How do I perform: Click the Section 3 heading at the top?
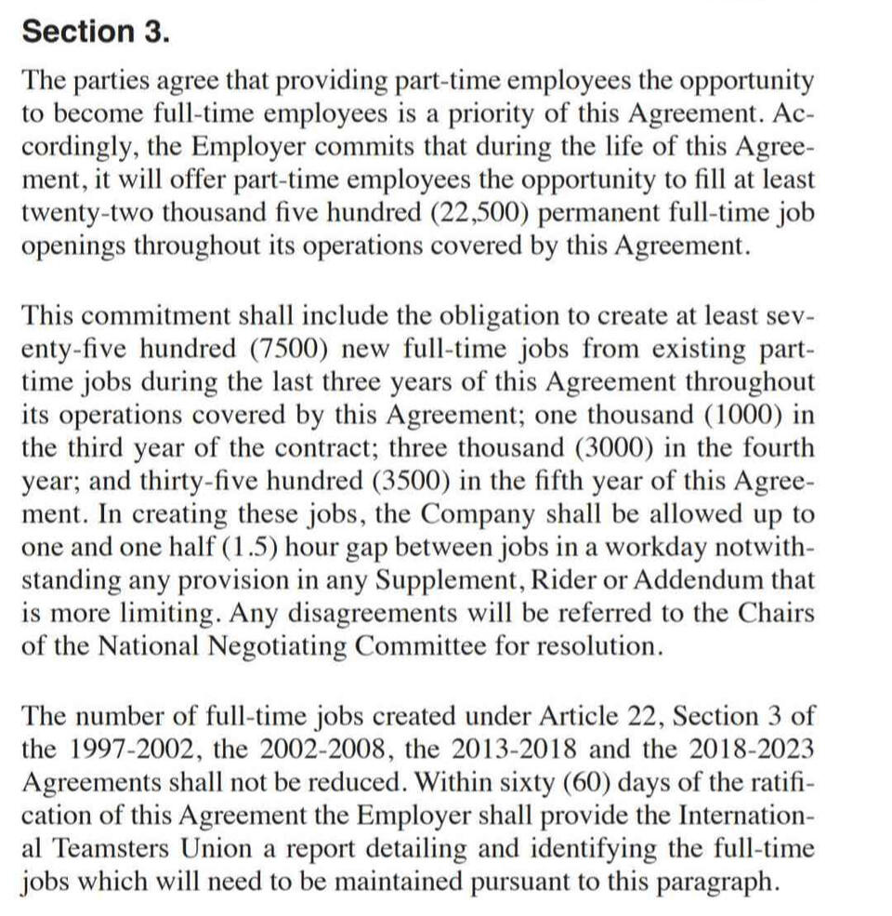(x=96, y=31)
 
